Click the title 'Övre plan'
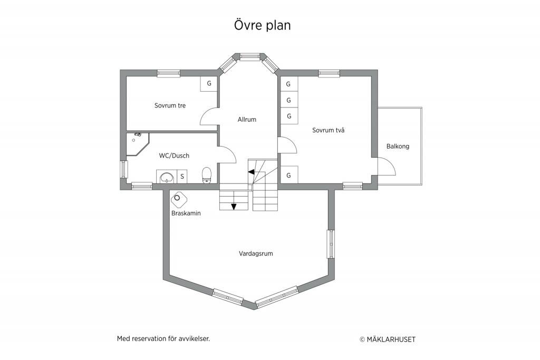[x=263, y=25]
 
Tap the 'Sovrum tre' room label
[x=170, y=105]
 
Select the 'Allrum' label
[x=247, y=120]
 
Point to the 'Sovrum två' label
[x=328, y=130]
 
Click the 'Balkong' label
[x=398, y=147]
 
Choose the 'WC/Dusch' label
[x=174, y=155]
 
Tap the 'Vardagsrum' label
[x=256, y=254]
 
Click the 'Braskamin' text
[x=186, y=213]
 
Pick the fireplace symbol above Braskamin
[x=179, y=198]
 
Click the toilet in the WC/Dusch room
[x=207, y=175]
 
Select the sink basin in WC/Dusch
[x=167, y=178]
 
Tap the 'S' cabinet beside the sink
[x=182, y=177]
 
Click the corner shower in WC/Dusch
[x=138, y=144]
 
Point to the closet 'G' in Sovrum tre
[x=209, y=84]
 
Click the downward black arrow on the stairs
[x=234, y=207]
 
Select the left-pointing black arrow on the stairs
[x=252, y=171]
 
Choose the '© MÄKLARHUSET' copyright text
[x=388, y=339]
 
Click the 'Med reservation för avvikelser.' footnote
[x=163, y=339]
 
